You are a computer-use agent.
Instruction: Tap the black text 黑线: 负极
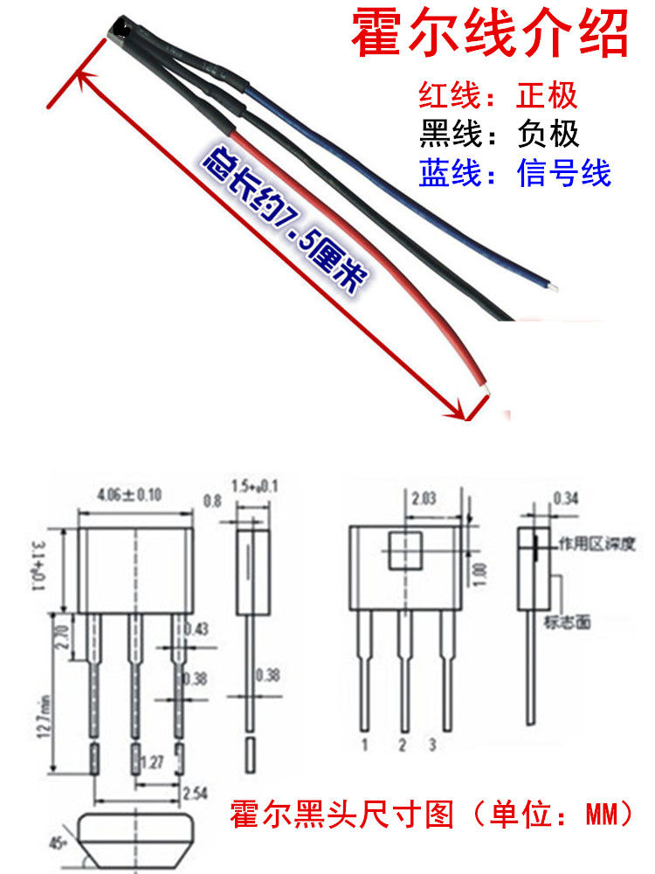[x=499, y=135]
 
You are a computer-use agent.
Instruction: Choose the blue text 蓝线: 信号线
[x=514, y=173]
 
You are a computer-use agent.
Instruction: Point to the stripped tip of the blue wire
[x=551, y=285]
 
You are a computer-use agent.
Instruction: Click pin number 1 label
[x=362, y=746]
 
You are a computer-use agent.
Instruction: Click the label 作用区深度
[x=589, y=545]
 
